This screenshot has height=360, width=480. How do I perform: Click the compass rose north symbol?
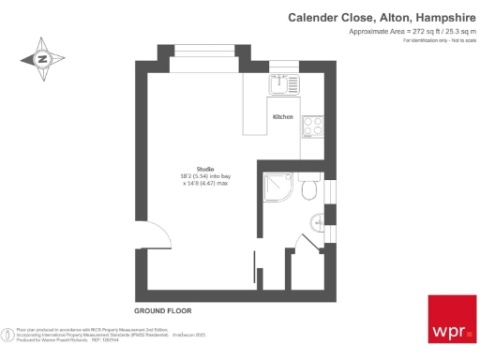point(42,59)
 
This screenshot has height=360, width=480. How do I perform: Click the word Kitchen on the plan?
point(282,117)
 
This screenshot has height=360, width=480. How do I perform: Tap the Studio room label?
point(205,168)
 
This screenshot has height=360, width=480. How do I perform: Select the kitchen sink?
point(278,85)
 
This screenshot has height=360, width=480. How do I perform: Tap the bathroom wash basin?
point(318,221)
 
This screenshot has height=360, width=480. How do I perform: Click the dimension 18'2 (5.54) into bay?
point(204,176)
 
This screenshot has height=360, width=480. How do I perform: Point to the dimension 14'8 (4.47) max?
point(204,184)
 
